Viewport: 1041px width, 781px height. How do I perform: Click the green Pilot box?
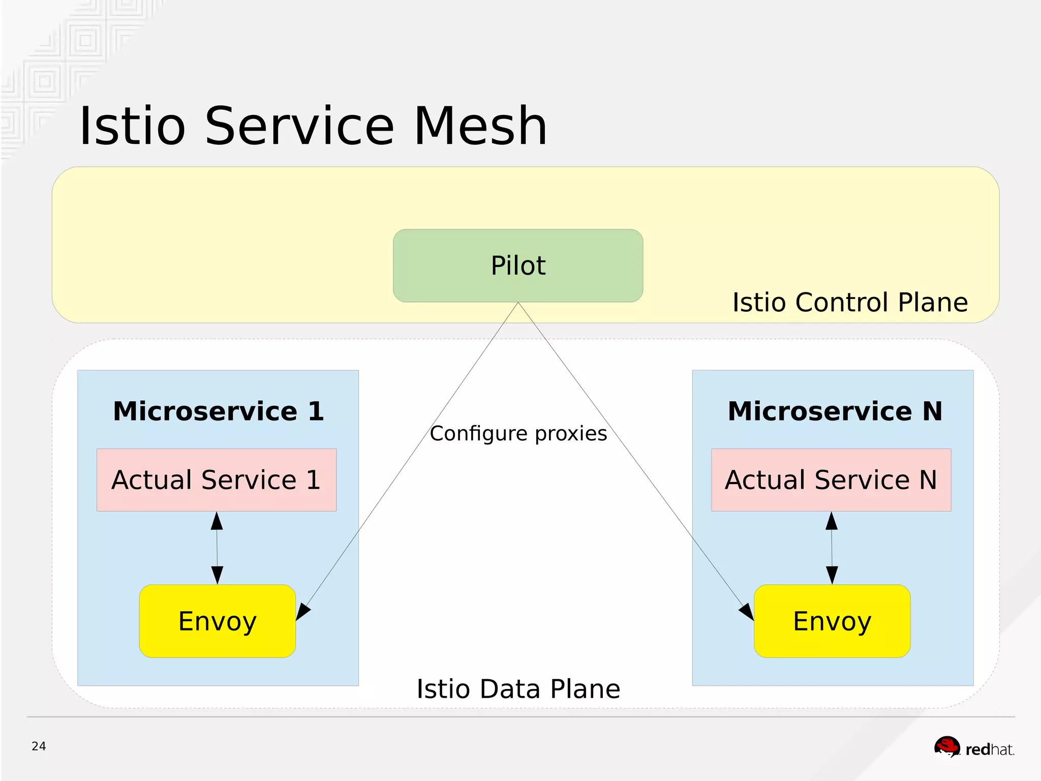coord(518,265)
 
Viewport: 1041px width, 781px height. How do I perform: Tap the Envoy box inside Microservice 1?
coord(218,621)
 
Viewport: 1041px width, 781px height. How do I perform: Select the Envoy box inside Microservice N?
coord(832,621)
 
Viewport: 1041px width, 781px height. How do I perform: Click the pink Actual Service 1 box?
coord(217,480)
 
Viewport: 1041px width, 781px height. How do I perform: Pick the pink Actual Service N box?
coord(831,480)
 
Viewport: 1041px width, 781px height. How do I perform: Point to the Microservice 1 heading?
coord(218,411)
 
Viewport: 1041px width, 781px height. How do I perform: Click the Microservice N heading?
coord(835,411)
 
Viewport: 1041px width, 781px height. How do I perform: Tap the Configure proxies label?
coord(518,434)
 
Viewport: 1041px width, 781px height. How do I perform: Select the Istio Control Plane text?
coord(850,303)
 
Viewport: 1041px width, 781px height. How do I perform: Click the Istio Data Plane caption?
coord(518,689)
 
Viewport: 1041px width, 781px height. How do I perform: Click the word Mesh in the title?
coord(480,126)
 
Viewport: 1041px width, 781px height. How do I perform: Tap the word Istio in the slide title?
coord(133,126)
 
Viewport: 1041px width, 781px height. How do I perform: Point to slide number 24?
coord(39,746)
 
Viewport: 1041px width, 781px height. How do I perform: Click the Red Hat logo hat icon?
coord(947,747)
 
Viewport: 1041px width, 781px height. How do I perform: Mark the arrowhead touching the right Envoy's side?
coord(747,612)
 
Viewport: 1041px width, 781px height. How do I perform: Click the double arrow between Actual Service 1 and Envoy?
coord(217,548)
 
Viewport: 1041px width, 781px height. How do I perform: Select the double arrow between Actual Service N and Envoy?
coord(832,548)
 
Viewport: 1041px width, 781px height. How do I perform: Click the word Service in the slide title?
coord(299,126)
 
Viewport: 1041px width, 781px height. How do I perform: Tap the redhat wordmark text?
coord(989,749)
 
